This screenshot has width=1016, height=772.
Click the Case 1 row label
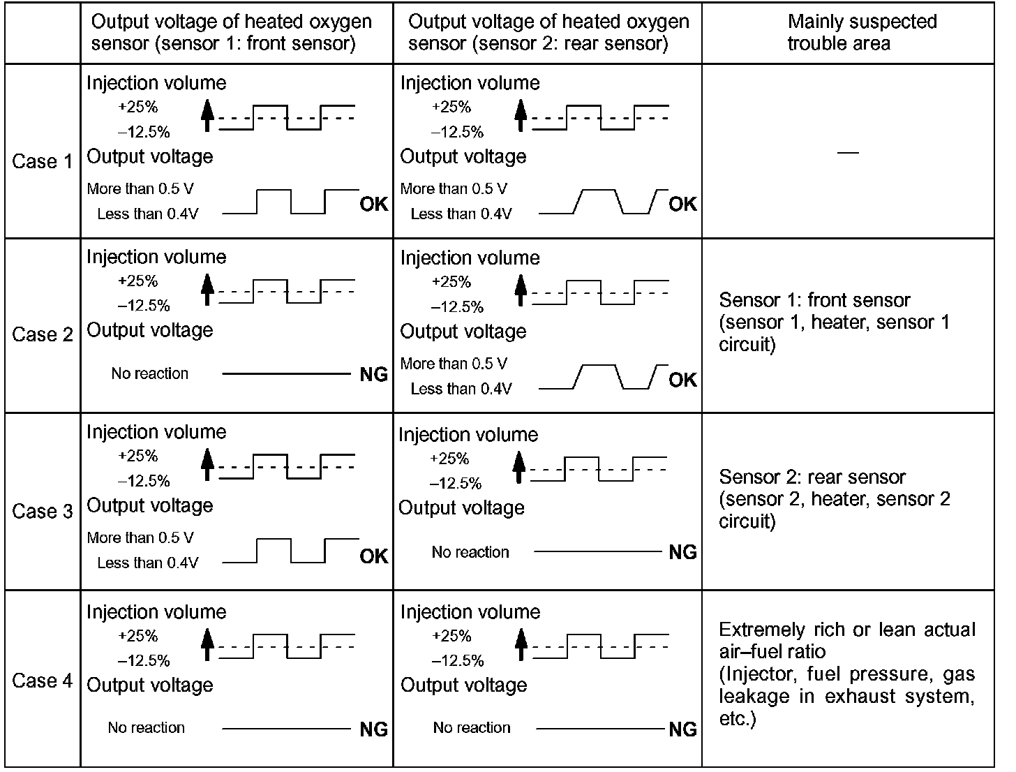click(x=42, y=161)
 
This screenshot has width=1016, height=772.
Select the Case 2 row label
click(x=42, y=334)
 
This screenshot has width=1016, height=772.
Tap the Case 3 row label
click(x=42, y=511)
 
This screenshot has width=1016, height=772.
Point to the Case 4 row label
click(x=42, y=681)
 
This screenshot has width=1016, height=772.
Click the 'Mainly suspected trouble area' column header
click(x=862, y=32)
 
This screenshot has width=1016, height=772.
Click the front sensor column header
click(x=231, y=32)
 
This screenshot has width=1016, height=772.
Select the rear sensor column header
click(x=548, y=32)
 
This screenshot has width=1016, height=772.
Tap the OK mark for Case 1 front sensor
click(x=373, y=204)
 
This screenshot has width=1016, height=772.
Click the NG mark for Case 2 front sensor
click(x=373, y=375)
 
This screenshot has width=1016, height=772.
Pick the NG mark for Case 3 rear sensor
click(x=682, y=552)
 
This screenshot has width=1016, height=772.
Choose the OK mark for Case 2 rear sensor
click(x=682, y=380)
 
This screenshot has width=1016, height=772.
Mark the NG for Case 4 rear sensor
click(x=682, y=729)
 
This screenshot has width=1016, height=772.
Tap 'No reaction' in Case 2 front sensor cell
click(x=149, y=373)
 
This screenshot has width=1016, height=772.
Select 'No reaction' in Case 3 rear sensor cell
click(x=470, y=552)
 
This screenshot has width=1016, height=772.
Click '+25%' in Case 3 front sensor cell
click(x=138, y=456)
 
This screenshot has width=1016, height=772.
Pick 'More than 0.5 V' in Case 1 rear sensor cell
click(x=454, y=188)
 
